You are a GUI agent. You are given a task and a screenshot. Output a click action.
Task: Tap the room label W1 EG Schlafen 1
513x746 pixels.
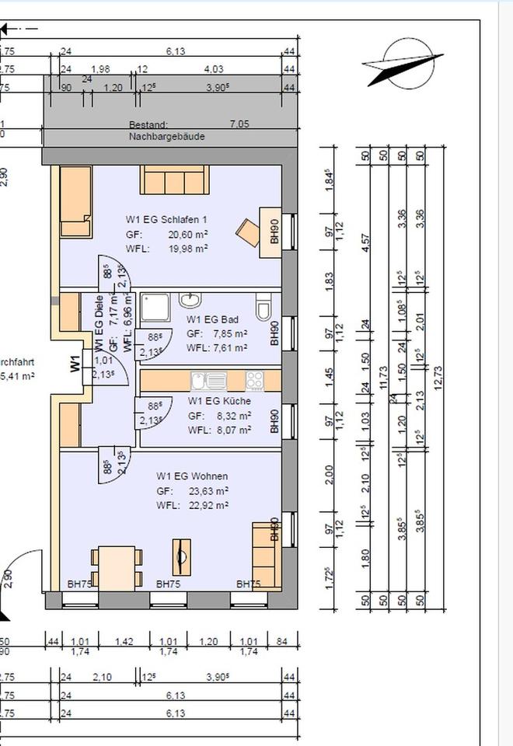pyautogui.click(x=167, y=220)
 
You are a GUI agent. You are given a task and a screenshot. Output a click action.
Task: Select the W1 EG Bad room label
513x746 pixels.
pyautogui.click(x=211, y=319)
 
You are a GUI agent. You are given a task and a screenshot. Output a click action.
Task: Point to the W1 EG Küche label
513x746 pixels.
pyautogui.click(x=219, y=402)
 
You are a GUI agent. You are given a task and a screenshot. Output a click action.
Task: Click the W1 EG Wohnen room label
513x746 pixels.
pyautogui.click(x=192, y=476)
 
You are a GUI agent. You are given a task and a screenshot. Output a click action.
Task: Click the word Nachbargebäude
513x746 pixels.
pyautogui.click(x=166, y=137)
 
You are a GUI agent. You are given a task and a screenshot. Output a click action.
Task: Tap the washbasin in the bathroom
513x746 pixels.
pyautogui.click(x=190, y=299)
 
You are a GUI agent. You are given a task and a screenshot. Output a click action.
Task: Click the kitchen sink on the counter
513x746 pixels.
pyautogui.click(x=209, y=381)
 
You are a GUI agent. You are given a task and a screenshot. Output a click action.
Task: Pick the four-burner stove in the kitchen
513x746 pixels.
pyautogui.click(x=254, y=381)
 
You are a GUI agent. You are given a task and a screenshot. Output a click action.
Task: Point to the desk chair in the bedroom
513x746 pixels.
pyautogui.click(x=249, y=232)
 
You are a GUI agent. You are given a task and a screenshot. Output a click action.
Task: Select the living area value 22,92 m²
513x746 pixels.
pyautogui.click(x=210, y=506)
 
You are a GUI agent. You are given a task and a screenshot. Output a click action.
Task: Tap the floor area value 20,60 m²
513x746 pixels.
pyautogui.click(x=190, y=234)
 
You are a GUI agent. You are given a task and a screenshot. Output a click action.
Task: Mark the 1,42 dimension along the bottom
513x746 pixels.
pyautogui.click(x=124, y=642)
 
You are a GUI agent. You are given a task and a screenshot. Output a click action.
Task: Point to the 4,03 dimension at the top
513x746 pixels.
pyautogui.click(x=212, y=70)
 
